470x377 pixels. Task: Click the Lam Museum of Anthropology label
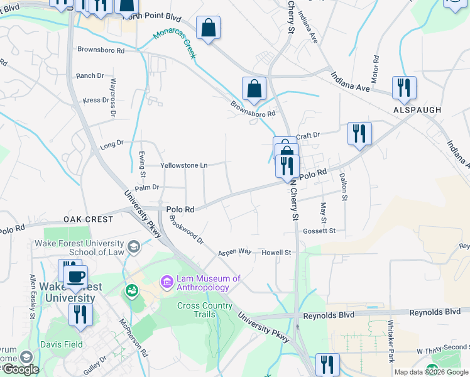coord(209,283)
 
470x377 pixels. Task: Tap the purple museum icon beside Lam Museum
coord(167,282)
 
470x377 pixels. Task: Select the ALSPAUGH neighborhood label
coord(417,110)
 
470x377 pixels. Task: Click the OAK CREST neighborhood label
coord(89,219)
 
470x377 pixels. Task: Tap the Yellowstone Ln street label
coord(183,165)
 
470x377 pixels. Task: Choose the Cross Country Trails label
coord(205,310)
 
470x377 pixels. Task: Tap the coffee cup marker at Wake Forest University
coord(76,276)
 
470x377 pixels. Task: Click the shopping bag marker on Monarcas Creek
coord(254,89)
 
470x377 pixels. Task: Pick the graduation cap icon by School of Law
coord(133,246)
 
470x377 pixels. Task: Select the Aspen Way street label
coord(234,252)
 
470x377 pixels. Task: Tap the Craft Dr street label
coord(308,135)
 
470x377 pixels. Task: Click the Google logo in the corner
coord(21,369)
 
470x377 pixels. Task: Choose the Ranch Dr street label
coord(89,75)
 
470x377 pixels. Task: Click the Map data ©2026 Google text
coord(431,372)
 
